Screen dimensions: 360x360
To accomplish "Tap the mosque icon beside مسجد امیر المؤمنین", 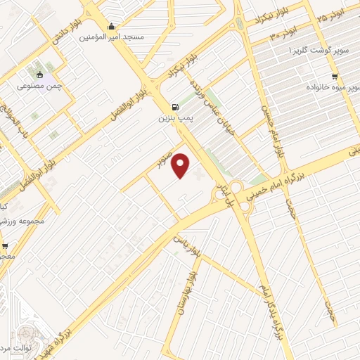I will click(x=111, y=26).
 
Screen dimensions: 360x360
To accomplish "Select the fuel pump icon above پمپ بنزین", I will click(x=174, y=108).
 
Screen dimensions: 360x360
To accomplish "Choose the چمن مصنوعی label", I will click(x=40, y=86).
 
